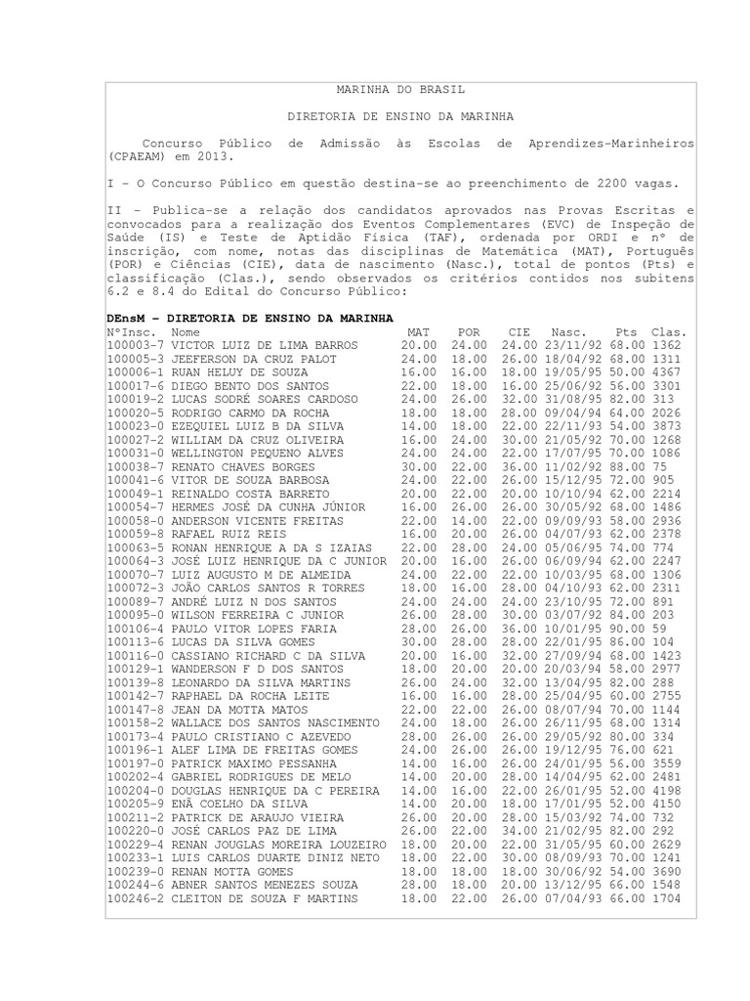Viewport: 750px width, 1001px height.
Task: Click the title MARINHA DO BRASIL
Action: pyautogui.click(x=400, y=89)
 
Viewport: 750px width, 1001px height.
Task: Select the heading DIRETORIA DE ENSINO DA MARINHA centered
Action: pyautogui.click(x=400, y=116)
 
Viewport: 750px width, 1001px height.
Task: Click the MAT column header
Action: pyautogui.click(x=417, y=332)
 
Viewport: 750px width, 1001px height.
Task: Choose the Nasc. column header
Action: pyautogui.click(x=568, y=332)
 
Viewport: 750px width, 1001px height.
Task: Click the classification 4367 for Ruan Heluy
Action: pyautogui.click(x=667, y=373)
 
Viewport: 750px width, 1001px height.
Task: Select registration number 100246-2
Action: pyautogui.click(x=136, y=899)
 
